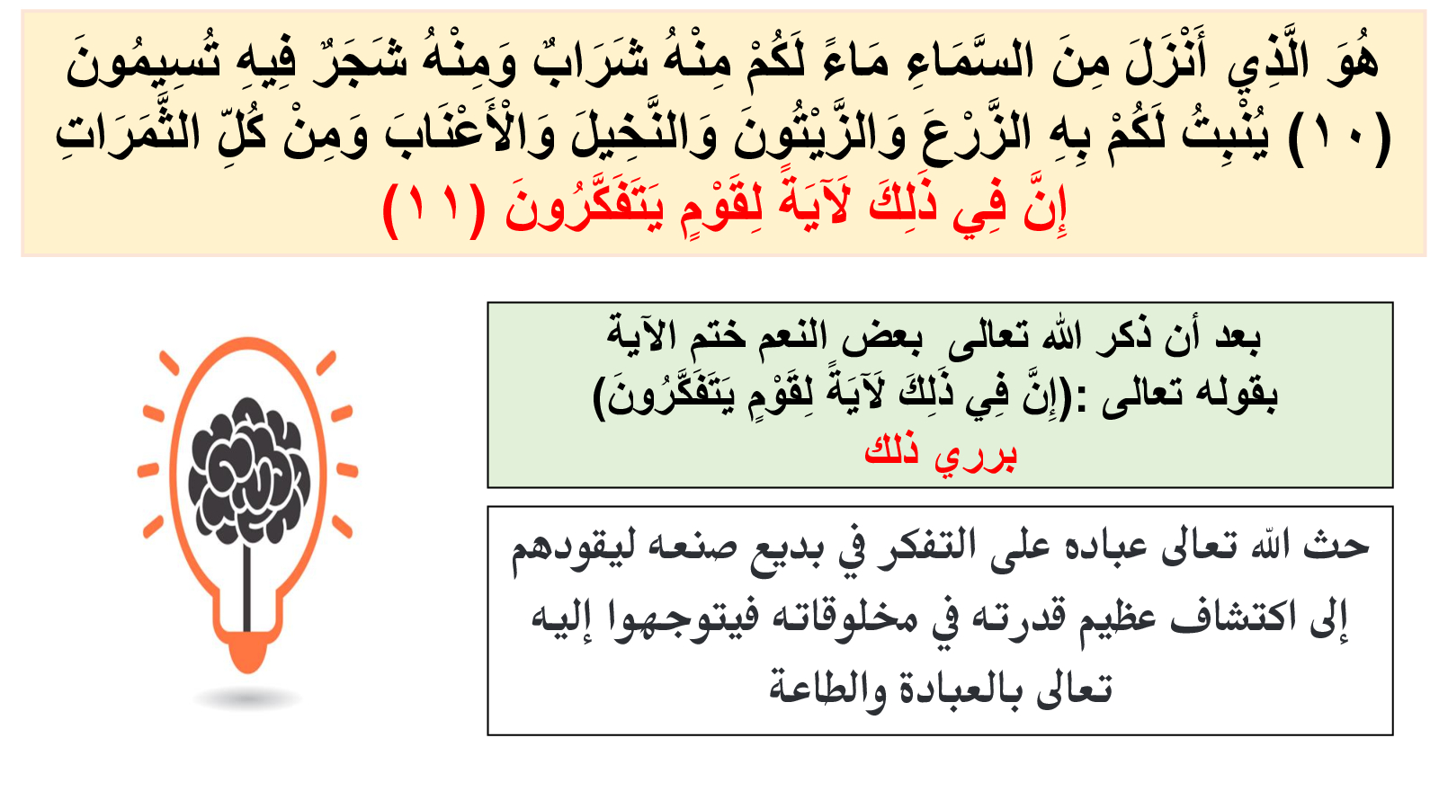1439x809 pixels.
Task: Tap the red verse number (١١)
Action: pyautogui.click(x=434, y=209)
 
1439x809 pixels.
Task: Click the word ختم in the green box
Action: pyautogui.click(x=712, y=338)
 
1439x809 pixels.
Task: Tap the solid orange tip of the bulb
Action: pyautogui.click(x=248, y=651)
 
